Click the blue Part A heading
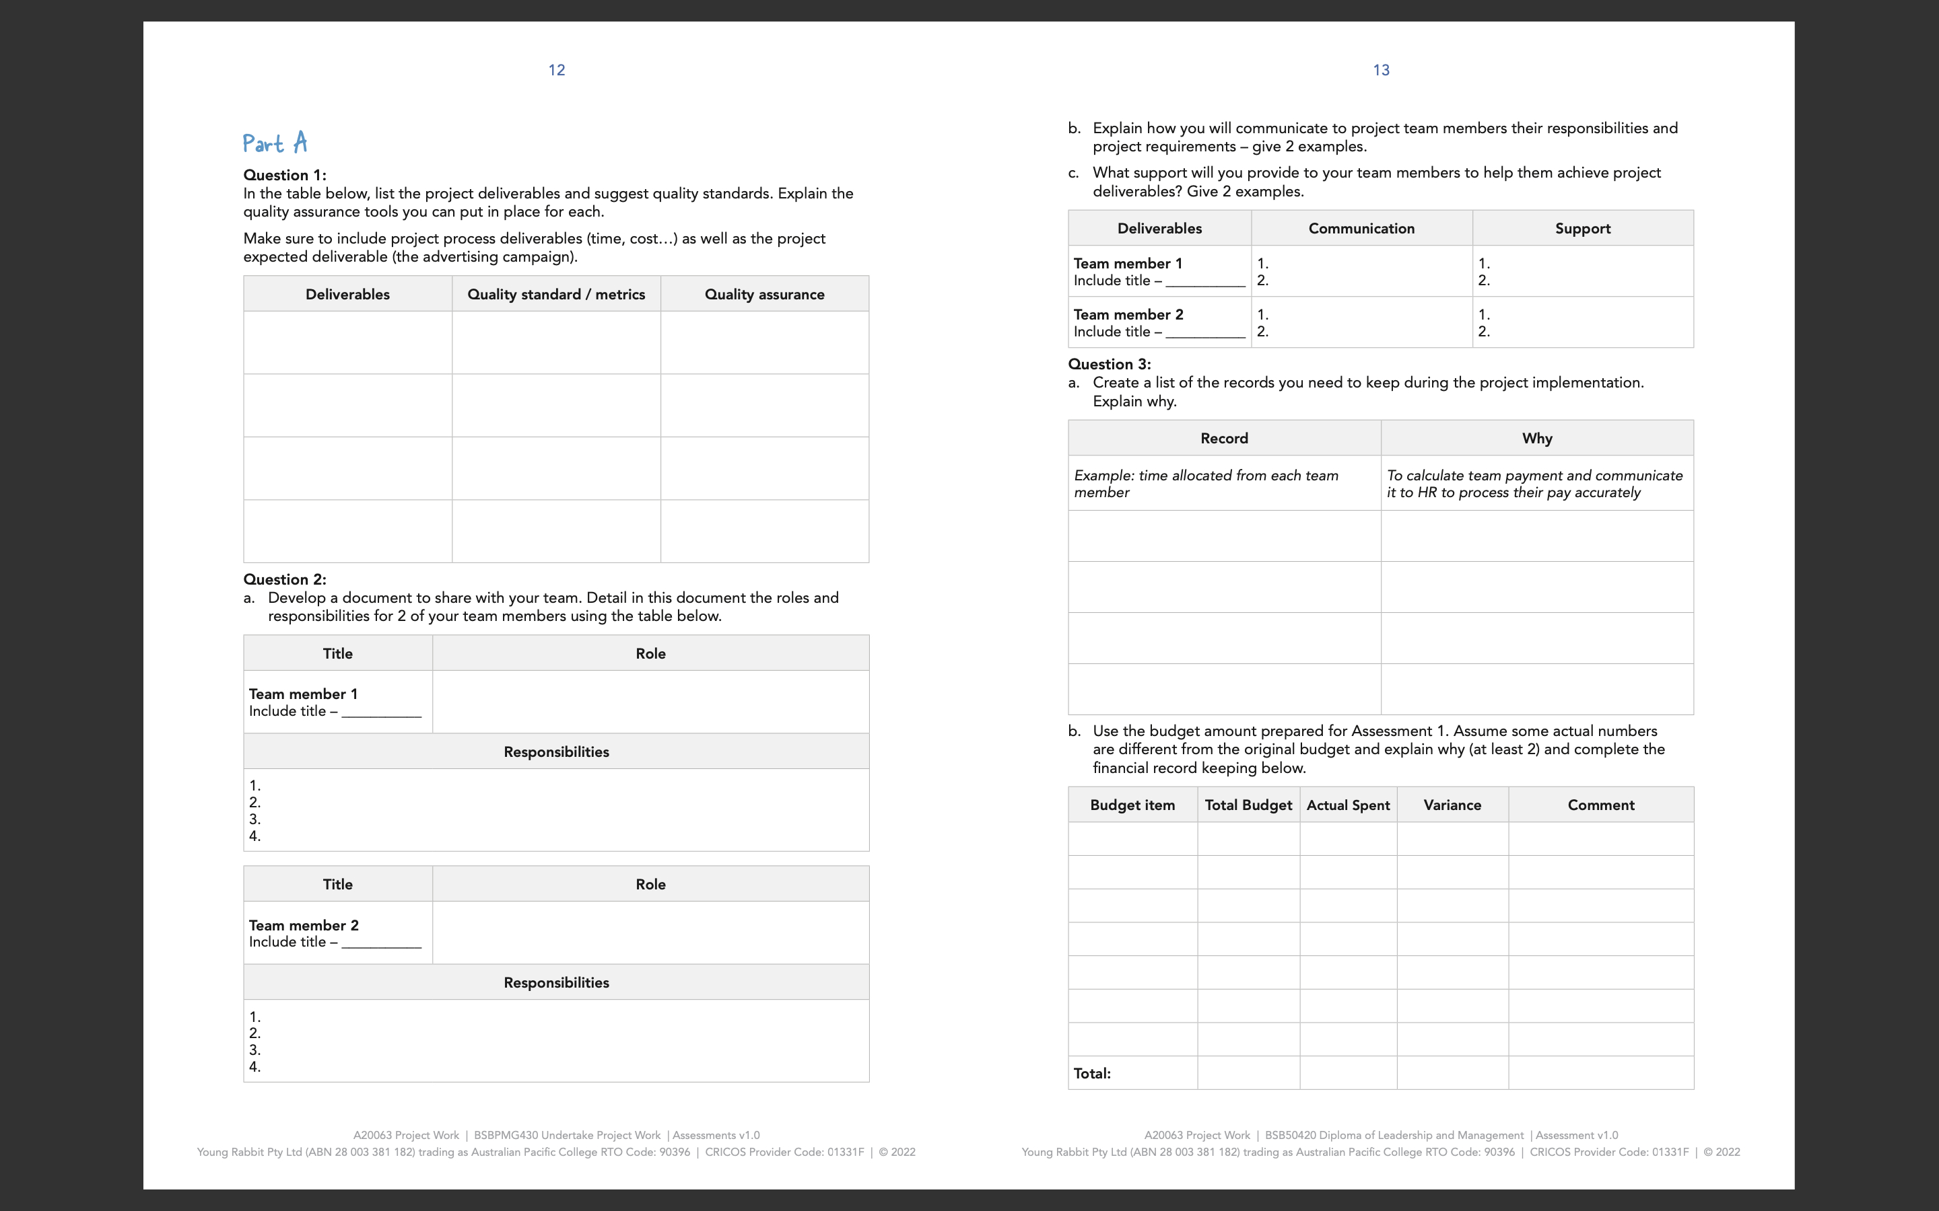(x=275, y=143)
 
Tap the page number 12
(x=557, y=71)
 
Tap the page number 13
(x=1381, y=71)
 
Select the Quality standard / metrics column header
(x=556, y=294)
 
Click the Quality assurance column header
(x=764, y=294)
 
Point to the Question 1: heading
(x=284, y=175)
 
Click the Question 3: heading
(x=1109, y=363)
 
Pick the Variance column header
(x=1452, y=805)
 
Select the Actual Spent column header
(x=1348, y=805)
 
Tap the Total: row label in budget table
(x=1092, y=1073)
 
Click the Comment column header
(x=1600, y=805)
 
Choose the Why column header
(x=1537, y=438)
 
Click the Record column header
(x=1223, y=438)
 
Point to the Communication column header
(x=1361, y=228)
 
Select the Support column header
(x=1582, y=228)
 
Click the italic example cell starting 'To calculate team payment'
(x=1534, y=484)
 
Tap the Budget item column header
(x=1132, y=805)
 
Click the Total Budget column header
(x=1248, y=805)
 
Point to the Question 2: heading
(x=284, y=579)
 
